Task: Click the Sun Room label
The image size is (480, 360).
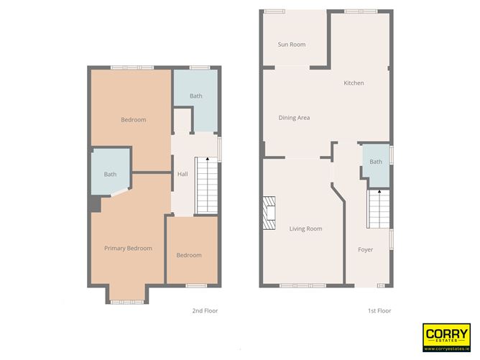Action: click(x=292, y=45)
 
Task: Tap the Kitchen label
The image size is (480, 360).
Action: click(x=354, y=83)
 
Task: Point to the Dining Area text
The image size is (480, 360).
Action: click(x=294, y=118)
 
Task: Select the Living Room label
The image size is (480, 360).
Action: click(x=305, y=229)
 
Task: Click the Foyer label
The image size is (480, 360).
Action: click(x=366, y=250)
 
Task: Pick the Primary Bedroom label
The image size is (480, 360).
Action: click(x=128, y=249)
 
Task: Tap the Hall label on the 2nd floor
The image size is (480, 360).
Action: click(x=183, y=174)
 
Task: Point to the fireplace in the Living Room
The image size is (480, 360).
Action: click(x=269, y=213)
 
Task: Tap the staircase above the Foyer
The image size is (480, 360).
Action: click(x=378, y=208)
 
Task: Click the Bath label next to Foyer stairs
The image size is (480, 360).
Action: click(x=376, y=162)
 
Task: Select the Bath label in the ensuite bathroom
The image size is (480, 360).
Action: click(x=110, y=175)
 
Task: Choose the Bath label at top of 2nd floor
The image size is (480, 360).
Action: click(x=196, y=96)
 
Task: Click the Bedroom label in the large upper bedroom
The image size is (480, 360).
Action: click(x=133, y=120)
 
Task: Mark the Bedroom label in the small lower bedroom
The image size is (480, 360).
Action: click(x=189, y=255)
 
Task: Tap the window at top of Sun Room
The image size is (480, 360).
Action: click(x=274, y=11)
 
